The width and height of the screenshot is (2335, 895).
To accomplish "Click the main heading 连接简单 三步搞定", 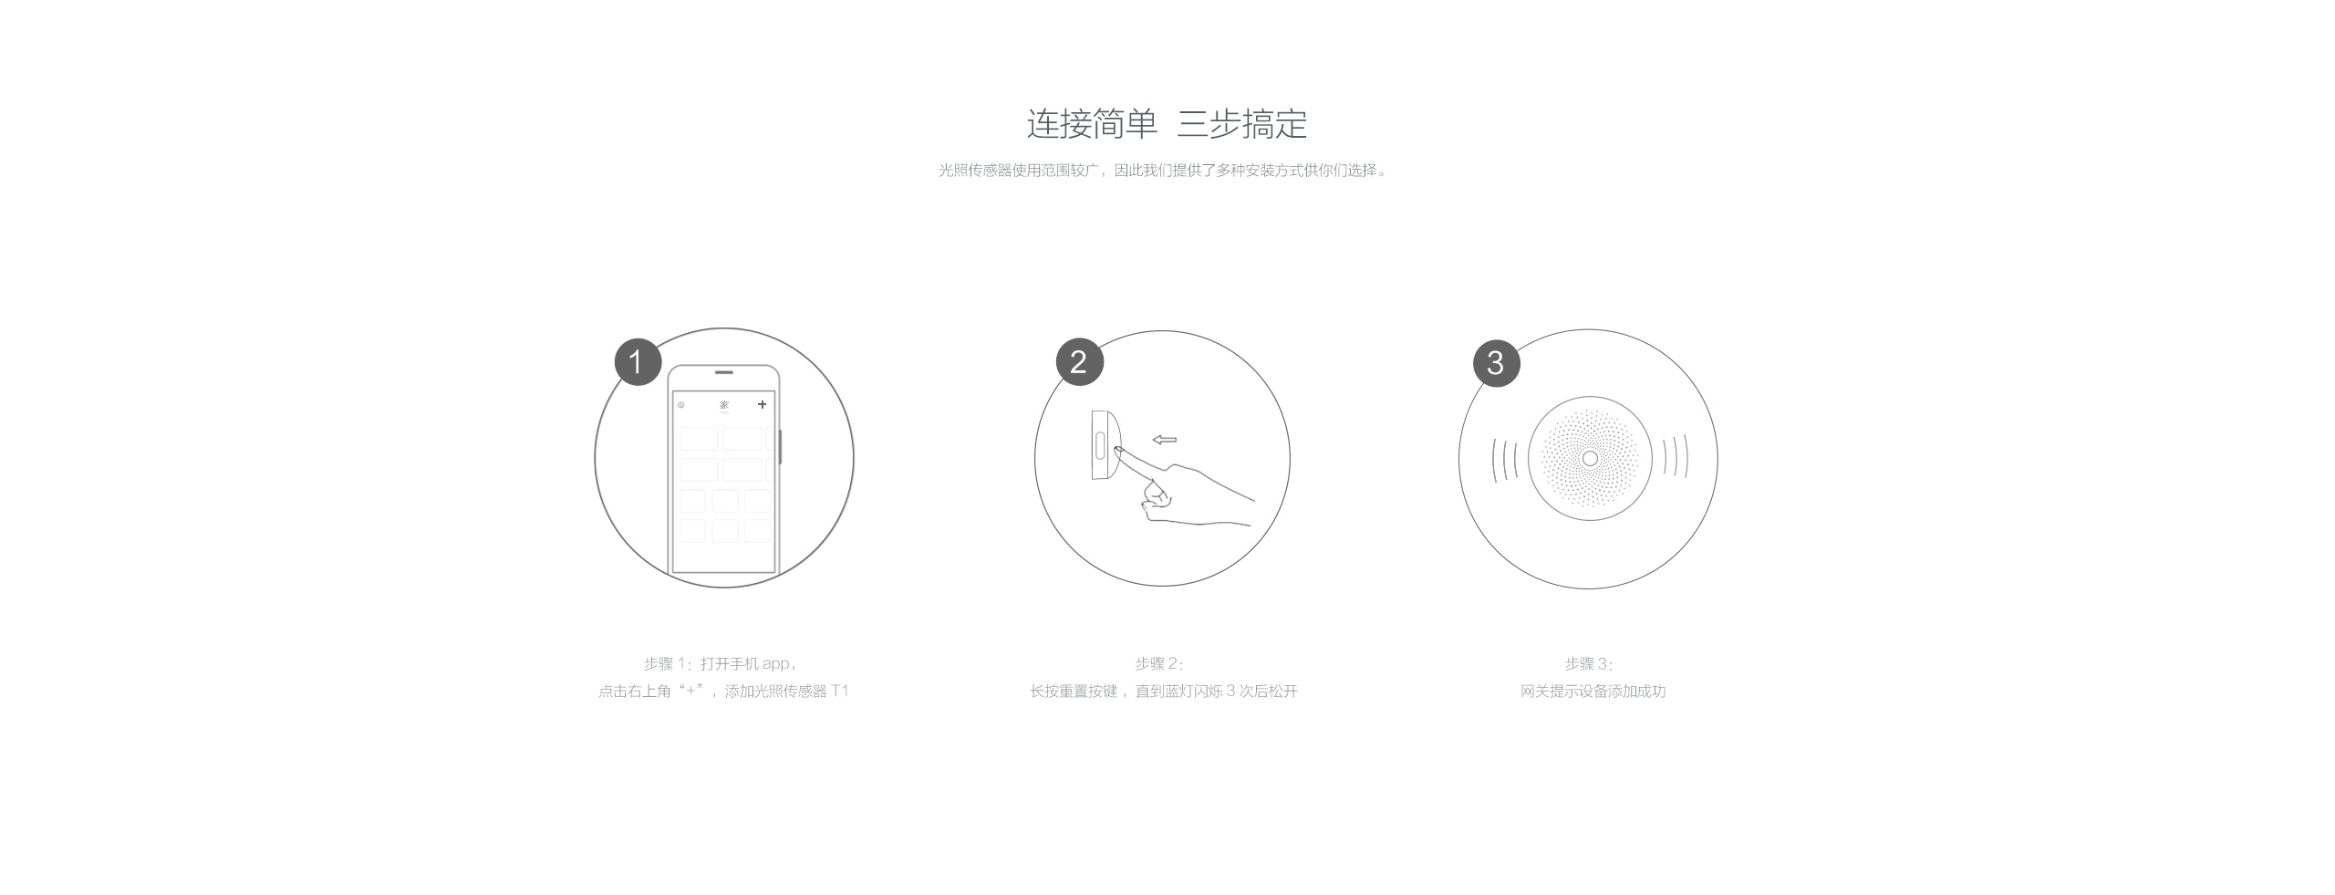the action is click(x=1167, y=124).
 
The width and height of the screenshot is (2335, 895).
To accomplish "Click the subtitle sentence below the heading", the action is click(x=1163, y=171).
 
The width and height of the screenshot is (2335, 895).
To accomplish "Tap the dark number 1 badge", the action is click(x=638, y=362).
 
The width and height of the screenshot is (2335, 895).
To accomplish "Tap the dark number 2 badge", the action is click(x=1079, y=362).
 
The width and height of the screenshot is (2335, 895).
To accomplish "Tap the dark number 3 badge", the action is click(x=1496, y=363).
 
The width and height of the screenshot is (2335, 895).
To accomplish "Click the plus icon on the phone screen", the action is click(x=762, y=404).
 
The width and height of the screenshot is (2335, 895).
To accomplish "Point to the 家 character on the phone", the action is click(x=724, y=404).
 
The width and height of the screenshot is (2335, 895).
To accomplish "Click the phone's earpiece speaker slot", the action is click(x=724, y=372).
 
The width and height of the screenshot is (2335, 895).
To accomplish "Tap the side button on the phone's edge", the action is click(x=781, y=446).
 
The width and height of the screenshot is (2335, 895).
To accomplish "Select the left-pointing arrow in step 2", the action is click(x=1164, y=440).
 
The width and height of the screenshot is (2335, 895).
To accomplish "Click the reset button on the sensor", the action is click(x=1100, y=446).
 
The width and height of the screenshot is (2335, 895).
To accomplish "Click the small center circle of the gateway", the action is click(x=1590, y=458).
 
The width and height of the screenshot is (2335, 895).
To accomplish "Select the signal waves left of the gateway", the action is click(x=1505, y=459).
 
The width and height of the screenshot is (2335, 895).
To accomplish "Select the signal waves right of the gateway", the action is click(x=1675, y=457).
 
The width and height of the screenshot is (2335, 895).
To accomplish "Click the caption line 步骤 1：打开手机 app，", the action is click(x=721, y=664).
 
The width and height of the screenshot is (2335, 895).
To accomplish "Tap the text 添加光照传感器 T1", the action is click(x=786, y=692).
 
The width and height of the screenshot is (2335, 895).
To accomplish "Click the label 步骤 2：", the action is click(x=1159, y=664).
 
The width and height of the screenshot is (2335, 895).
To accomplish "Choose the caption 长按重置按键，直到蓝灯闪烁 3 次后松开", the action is click(x=1163, y=692).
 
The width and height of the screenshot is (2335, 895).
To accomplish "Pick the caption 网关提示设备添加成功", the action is click(x=1593, y=692).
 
